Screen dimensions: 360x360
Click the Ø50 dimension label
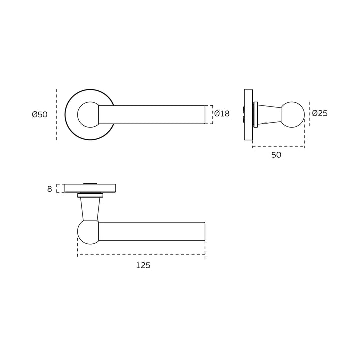[x=39, y=114]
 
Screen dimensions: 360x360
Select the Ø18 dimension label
[x=222, y=114]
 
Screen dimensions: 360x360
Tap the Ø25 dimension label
[x=320, y=113]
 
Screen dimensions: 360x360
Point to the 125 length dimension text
[x=143, y=266]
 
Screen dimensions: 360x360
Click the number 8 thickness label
[x=49, y=189]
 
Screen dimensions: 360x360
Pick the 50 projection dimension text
[x=276, y=155]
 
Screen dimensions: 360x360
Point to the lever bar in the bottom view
[x=152, y=231]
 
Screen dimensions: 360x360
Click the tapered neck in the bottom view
[x=89, y=208]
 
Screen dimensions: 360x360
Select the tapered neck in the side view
[x=270, y=114]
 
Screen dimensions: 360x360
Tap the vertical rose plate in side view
[x=248, y=114]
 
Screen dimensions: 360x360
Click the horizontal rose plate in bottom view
[x=90, y=188]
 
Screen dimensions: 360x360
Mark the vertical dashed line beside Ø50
[x=57, y=114]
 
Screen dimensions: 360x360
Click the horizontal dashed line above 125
[x=141, y=255]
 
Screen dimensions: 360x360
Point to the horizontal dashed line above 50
[x=278, y=147]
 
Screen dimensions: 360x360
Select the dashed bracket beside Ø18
[x=212, y=114]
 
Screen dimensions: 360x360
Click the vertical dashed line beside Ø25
[x=309, y=114]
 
